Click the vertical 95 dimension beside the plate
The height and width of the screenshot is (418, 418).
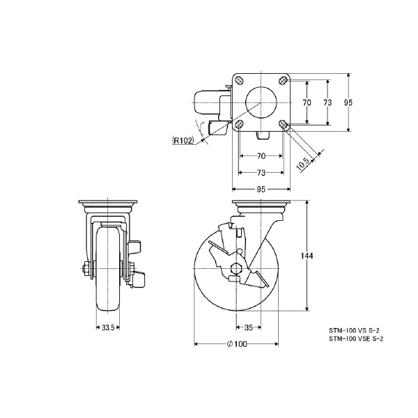(x=348, y=102)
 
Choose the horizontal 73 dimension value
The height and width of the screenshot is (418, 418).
(x=261, y=172)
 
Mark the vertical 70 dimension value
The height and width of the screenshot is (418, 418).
(x=306, y=102)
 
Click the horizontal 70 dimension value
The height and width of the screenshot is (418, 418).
(x=261, y=157)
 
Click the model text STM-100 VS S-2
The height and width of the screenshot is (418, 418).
(x=355, y=332)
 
